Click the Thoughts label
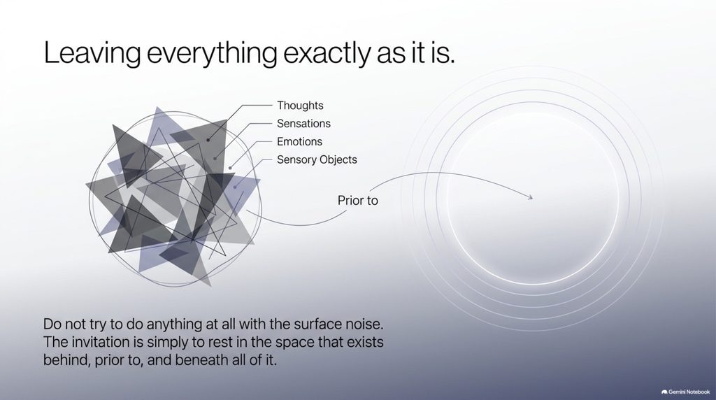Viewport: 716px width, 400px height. tap(300, 106)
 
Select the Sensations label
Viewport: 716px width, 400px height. tap(303, 124)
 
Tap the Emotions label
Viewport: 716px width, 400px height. tap(299, 141)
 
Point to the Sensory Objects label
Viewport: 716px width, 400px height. tap(317, 160)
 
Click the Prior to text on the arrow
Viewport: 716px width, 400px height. tap(357, 201)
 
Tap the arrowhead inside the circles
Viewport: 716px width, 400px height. tap(530, 197)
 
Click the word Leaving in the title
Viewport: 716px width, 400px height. tap(92, 53)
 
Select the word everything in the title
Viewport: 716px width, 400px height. tap(212, 53)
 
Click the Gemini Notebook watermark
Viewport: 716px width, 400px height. tap(685, 392)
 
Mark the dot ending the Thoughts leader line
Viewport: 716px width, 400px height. tap(208, 140)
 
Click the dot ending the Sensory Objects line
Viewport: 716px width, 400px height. tap(235, 187)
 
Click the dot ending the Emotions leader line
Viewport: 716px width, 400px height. tap(230, 168)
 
